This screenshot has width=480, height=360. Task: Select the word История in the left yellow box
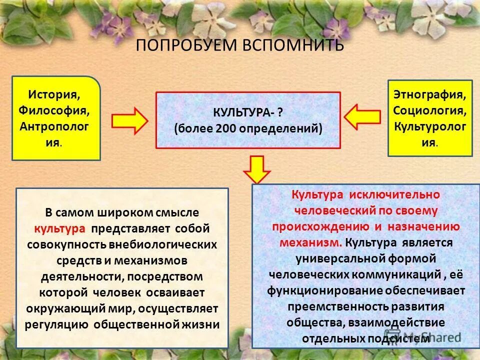click(x=54, y=93)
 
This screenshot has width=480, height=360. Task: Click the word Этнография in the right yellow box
click(x=430, y=93)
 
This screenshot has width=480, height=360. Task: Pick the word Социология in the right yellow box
click(x=430, y=109)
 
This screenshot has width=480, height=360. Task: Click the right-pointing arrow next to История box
click(x=129, y=121)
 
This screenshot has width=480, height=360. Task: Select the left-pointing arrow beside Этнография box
click(x=362, y=116)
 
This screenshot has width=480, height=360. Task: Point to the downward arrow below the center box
click(x=256, y=169)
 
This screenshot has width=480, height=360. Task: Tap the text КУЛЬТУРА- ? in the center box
click(x=248, y=111)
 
